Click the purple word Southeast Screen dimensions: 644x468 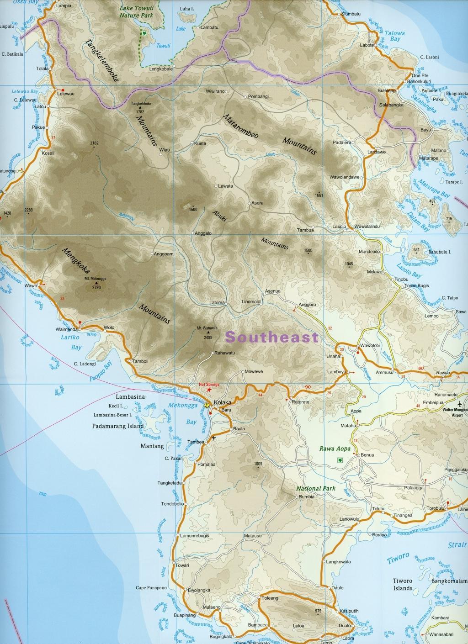point(272,338)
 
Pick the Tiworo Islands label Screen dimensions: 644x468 point(403,585)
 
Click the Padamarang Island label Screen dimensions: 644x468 point(117,426)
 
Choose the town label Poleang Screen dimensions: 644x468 point(270,597)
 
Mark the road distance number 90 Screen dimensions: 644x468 point(308,387)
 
